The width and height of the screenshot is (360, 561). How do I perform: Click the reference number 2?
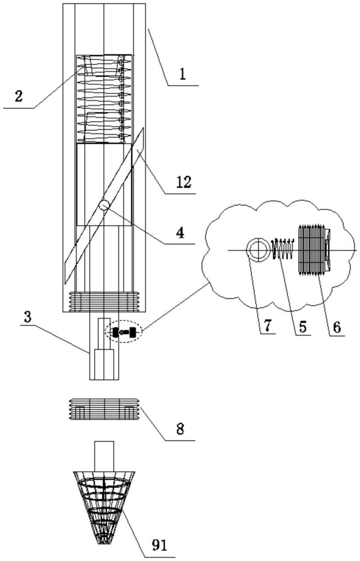(19, 96)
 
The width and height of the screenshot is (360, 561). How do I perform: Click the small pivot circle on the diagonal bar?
(104, 205)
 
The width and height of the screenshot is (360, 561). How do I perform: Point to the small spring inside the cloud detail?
(284, 249)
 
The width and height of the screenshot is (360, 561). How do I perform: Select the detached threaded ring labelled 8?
(104, 410)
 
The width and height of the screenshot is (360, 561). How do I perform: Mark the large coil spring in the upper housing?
(104, 98)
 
